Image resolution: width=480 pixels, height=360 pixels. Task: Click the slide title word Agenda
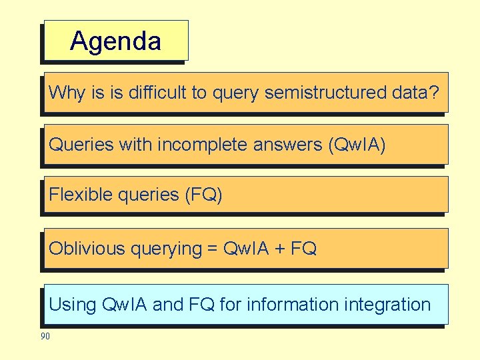pos(115,41)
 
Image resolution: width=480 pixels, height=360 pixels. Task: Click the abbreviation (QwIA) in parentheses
pos(357,145)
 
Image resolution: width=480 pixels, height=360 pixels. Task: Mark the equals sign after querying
pos(212,249)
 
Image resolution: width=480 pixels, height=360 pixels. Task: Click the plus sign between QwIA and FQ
pos(280,249)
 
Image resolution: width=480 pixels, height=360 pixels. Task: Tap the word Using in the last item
pos(73,305)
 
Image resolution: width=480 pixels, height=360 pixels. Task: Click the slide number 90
pos(45,337)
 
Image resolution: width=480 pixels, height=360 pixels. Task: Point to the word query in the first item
pos(236,93)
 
